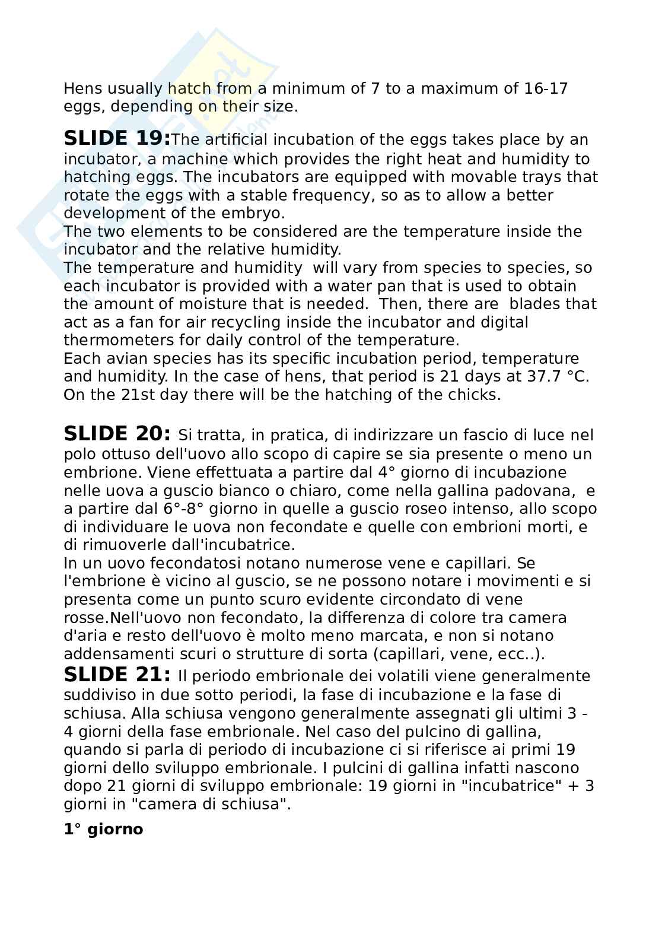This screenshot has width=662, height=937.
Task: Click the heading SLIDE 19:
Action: pos(117,139)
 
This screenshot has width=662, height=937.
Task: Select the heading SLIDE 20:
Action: pos(117,434)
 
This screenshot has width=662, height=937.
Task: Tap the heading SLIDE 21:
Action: pos(117,675)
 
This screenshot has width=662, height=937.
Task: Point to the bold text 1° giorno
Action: pos(103,829)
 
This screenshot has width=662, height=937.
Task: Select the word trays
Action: pos(537,177)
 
